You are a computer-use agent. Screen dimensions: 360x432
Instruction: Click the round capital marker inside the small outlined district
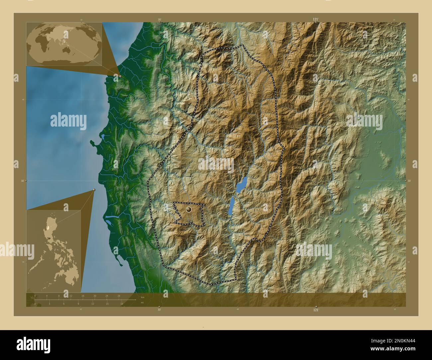189,210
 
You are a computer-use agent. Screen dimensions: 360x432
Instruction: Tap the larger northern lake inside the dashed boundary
242,185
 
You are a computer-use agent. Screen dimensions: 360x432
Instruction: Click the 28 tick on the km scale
119,296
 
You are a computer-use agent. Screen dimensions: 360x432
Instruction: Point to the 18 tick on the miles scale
122,304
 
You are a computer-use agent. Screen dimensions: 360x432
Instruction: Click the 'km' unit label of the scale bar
142,297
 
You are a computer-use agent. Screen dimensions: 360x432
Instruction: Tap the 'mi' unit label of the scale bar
142,303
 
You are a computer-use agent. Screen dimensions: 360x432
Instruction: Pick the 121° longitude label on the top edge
316,20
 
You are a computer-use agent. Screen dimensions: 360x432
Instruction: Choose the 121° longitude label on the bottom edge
316,310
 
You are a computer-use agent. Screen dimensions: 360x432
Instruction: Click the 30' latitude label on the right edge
409,181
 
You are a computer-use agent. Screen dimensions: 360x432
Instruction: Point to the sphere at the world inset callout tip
120,76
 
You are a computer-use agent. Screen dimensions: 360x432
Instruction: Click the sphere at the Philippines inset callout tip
94,190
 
